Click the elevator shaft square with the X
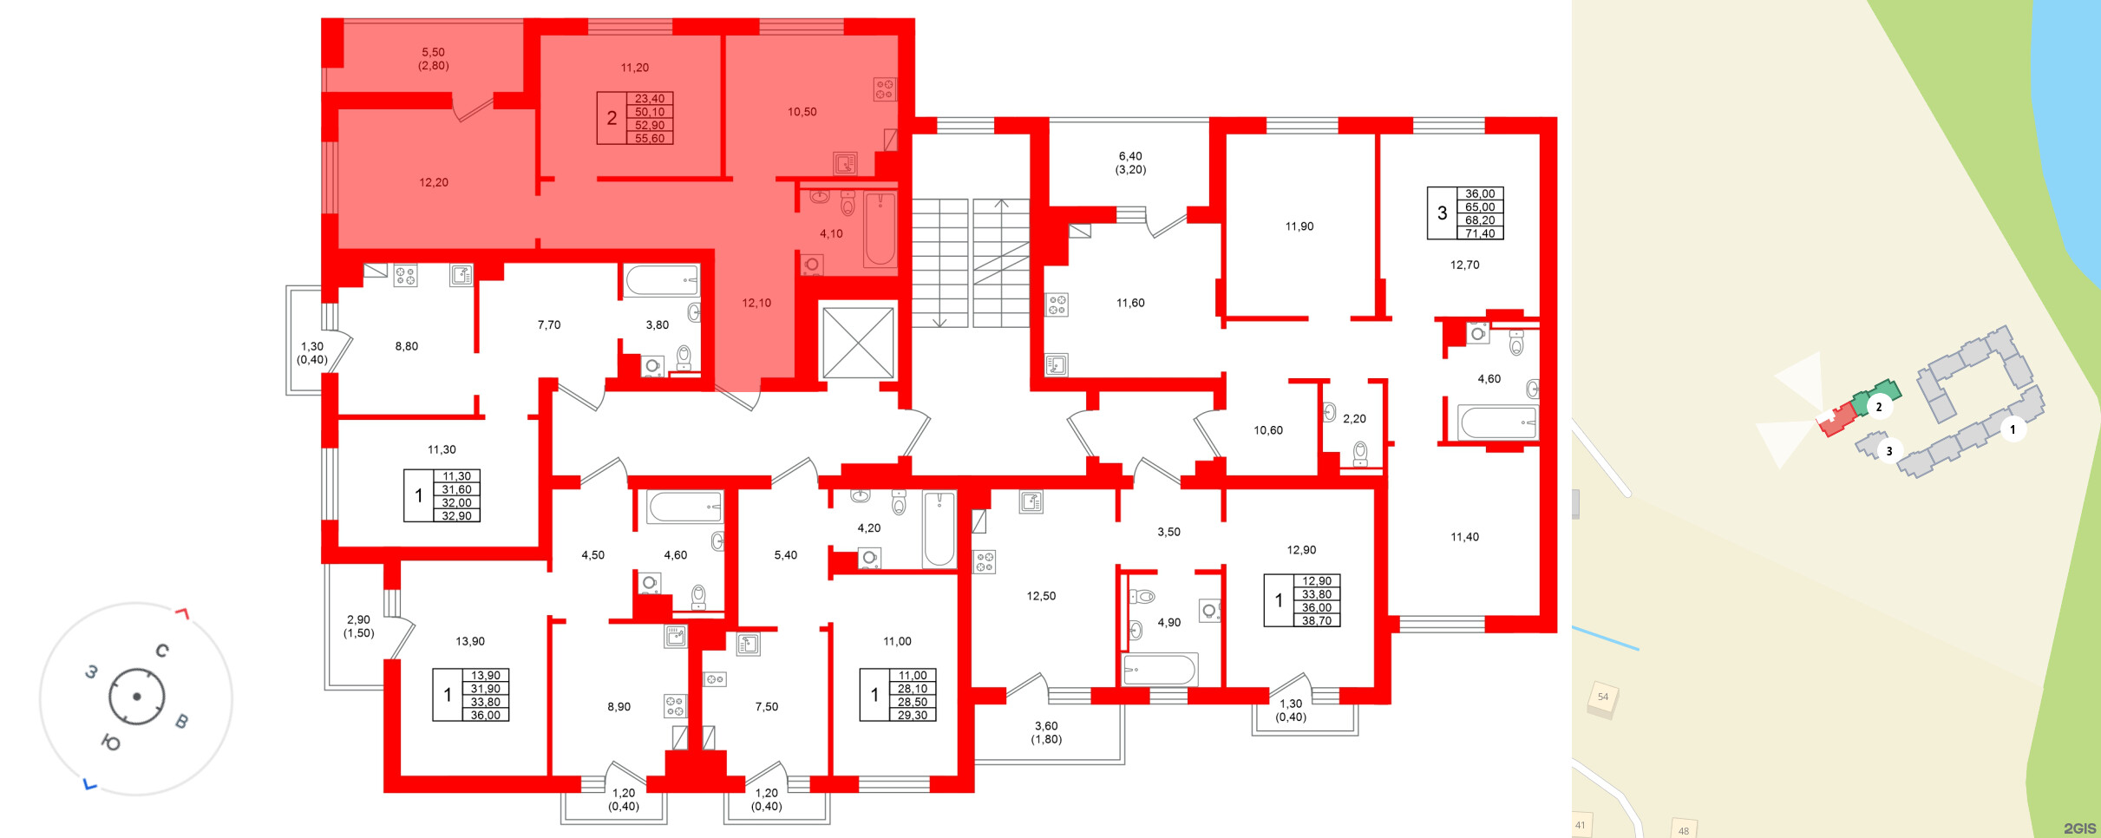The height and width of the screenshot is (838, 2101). [x=858, y=343]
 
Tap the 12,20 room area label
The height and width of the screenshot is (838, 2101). [x=434, y=182]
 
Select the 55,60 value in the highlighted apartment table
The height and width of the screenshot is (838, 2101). [x=650, y=139]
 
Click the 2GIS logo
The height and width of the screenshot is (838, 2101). [x=2079, y=828]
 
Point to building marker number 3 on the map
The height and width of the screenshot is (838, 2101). [x=1889, y=451]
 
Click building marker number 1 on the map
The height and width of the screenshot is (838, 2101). [x=2013, y=429]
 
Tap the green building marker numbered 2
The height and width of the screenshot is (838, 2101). [x=1879, y=407]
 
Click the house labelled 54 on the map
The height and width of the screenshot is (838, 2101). [x=1603, y=697]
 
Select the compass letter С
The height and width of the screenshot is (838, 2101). [x=162, y=651]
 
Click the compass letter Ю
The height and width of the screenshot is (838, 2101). [x=111, y=743]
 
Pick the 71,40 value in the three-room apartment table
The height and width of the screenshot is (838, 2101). [x=1480, y=234]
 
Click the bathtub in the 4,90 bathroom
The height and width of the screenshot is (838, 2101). [x=1160, y=670]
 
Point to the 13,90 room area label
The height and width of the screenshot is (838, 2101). [x=470, y=641]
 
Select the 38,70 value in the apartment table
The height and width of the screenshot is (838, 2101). [x=1317, y=621]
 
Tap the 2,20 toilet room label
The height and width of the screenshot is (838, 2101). [x=1354, y=419]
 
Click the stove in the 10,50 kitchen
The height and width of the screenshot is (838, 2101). [x=884, y=89]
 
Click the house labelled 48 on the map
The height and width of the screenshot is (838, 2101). [x=1683, y=830]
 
